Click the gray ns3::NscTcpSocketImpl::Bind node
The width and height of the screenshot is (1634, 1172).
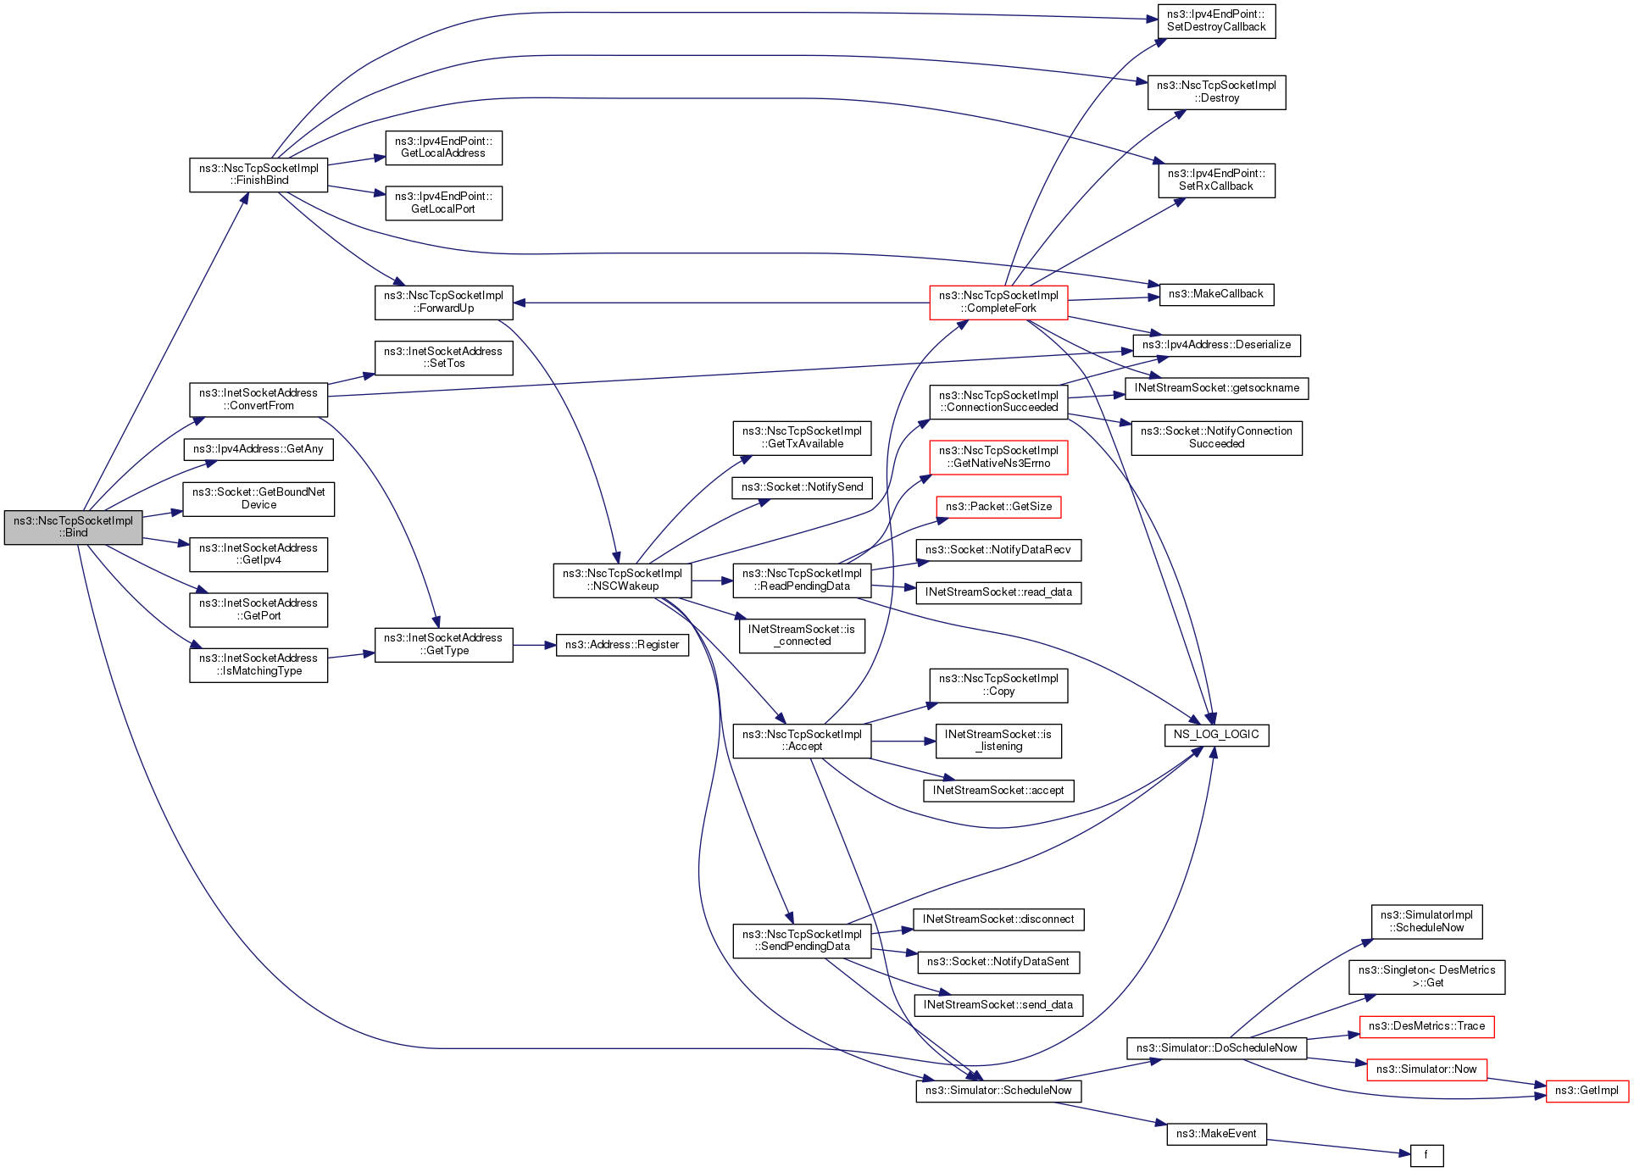tap(73, 527)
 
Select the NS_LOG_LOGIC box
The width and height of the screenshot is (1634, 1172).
tap(1216, 735)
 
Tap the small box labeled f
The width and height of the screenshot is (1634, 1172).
tap(1426, 1155)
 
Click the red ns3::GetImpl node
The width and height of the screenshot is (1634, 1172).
tap(1586, 1091)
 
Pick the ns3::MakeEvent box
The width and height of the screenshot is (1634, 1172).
tap(1216, 1134)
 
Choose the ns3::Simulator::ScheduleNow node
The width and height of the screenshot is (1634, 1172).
tap(998, 1091)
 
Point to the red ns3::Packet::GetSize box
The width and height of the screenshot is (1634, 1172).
tap(998, 507)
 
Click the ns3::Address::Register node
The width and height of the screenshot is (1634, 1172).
tap(622, 645)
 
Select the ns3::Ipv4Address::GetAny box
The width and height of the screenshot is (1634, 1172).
tap(258, 449)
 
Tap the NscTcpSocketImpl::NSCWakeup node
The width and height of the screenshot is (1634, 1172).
tap(622, 580)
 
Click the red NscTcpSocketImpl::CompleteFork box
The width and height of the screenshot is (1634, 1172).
tap(998, 303)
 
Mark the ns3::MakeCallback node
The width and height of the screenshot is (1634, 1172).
tap(1215, 294)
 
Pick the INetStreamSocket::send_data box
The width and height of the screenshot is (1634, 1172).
tap(998, 1005)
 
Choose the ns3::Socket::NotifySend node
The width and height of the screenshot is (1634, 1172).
tap(802, 487)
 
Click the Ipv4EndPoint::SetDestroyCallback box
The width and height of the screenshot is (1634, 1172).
tap(1216, 21)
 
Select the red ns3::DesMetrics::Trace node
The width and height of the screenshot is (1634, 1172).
tap(1426, 1026)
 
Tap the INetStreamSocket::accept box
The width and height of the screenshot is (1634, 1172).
tap(998, 791)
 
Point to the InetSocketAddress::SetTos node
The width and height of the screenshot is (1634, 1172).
tap(443, 358)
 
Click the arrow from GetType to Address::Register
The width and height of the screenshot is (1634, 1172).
tap(534, 645)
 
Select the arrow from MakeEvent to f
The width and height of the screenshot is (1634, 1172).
tap(1339, 1147)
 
